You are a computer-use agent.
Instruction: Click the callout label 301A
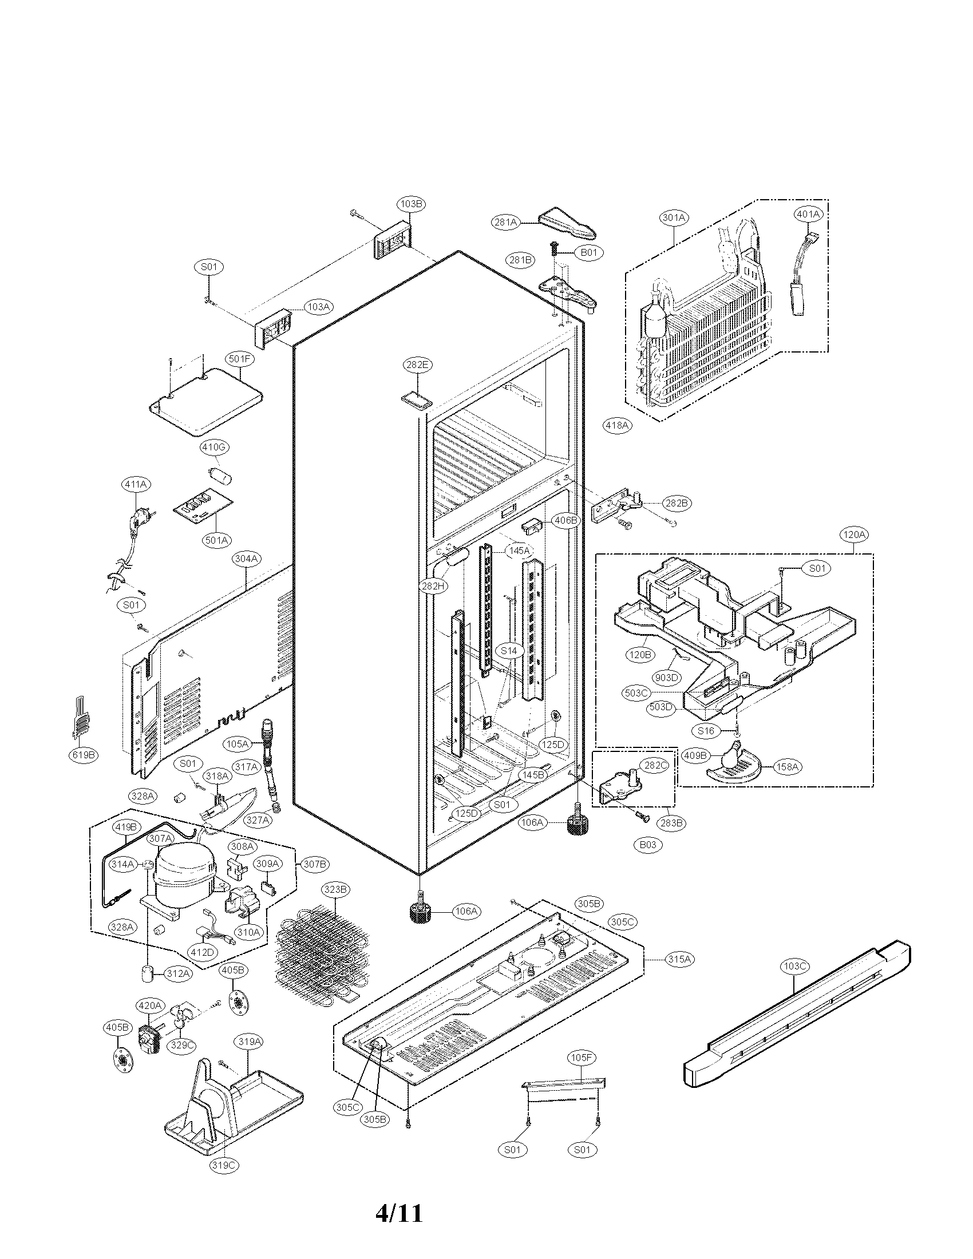(x=674, y=217)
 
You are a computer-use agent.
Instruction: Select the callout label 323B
(x=335, y=889)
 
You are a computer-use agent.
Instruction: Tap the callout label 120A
(x=854, y=535)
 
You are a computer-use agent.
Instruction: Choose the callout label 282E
(x=418, y=365)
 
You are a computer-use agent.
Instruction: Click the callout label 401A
(x=808, y=214)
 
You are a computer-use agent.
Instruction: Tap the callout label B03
(x=647, y=845)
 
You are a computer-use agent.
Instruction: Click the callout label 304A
(x=247, y=559)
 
